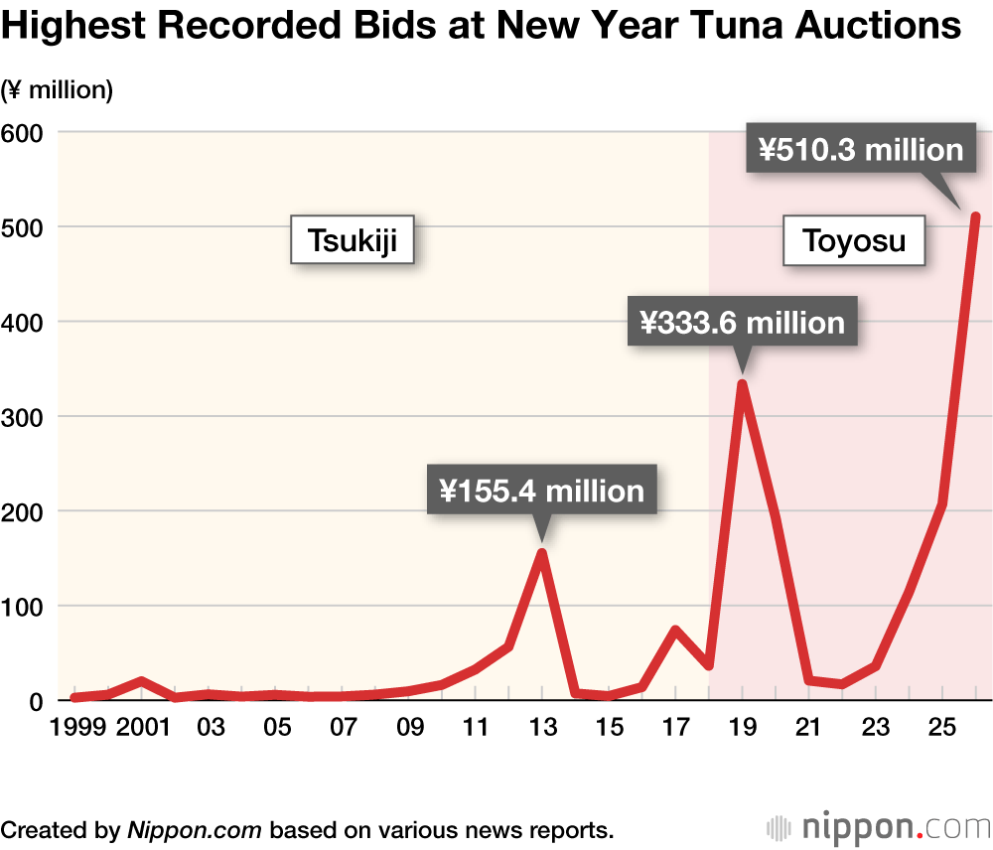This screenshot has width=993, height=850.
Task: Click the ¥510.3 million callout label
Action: pos(861,150)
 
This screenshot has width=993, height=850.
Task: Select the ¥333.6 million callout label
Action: pos(742,322)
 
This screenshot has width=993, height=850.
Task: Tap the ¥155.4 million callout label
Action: pos(541,491)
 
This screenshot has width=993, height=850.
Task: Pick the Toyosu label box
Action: pos(854,240)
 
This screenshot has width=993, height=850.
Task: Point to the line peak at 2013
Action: pos(542,553)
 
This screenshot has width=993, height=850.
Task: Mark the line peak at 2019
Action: pos(742,384)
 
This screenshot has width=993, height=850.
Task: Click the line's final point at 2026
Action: pos(975,217)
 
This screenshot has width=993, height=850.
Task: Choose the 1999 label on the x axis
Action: pos(77,728)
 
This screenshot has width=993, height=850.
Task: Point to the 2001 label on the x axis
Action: pos(143,728)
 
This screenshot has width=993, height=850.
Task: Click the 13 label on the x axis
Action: pos(542,728)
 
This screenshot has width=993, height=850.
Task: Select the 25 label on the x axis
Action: pos(941,728)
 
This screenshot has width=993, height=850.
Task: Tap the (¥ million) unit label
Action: pos(58,90)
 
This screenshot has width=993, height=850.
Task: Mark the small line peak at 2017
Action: pos(675,631)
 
